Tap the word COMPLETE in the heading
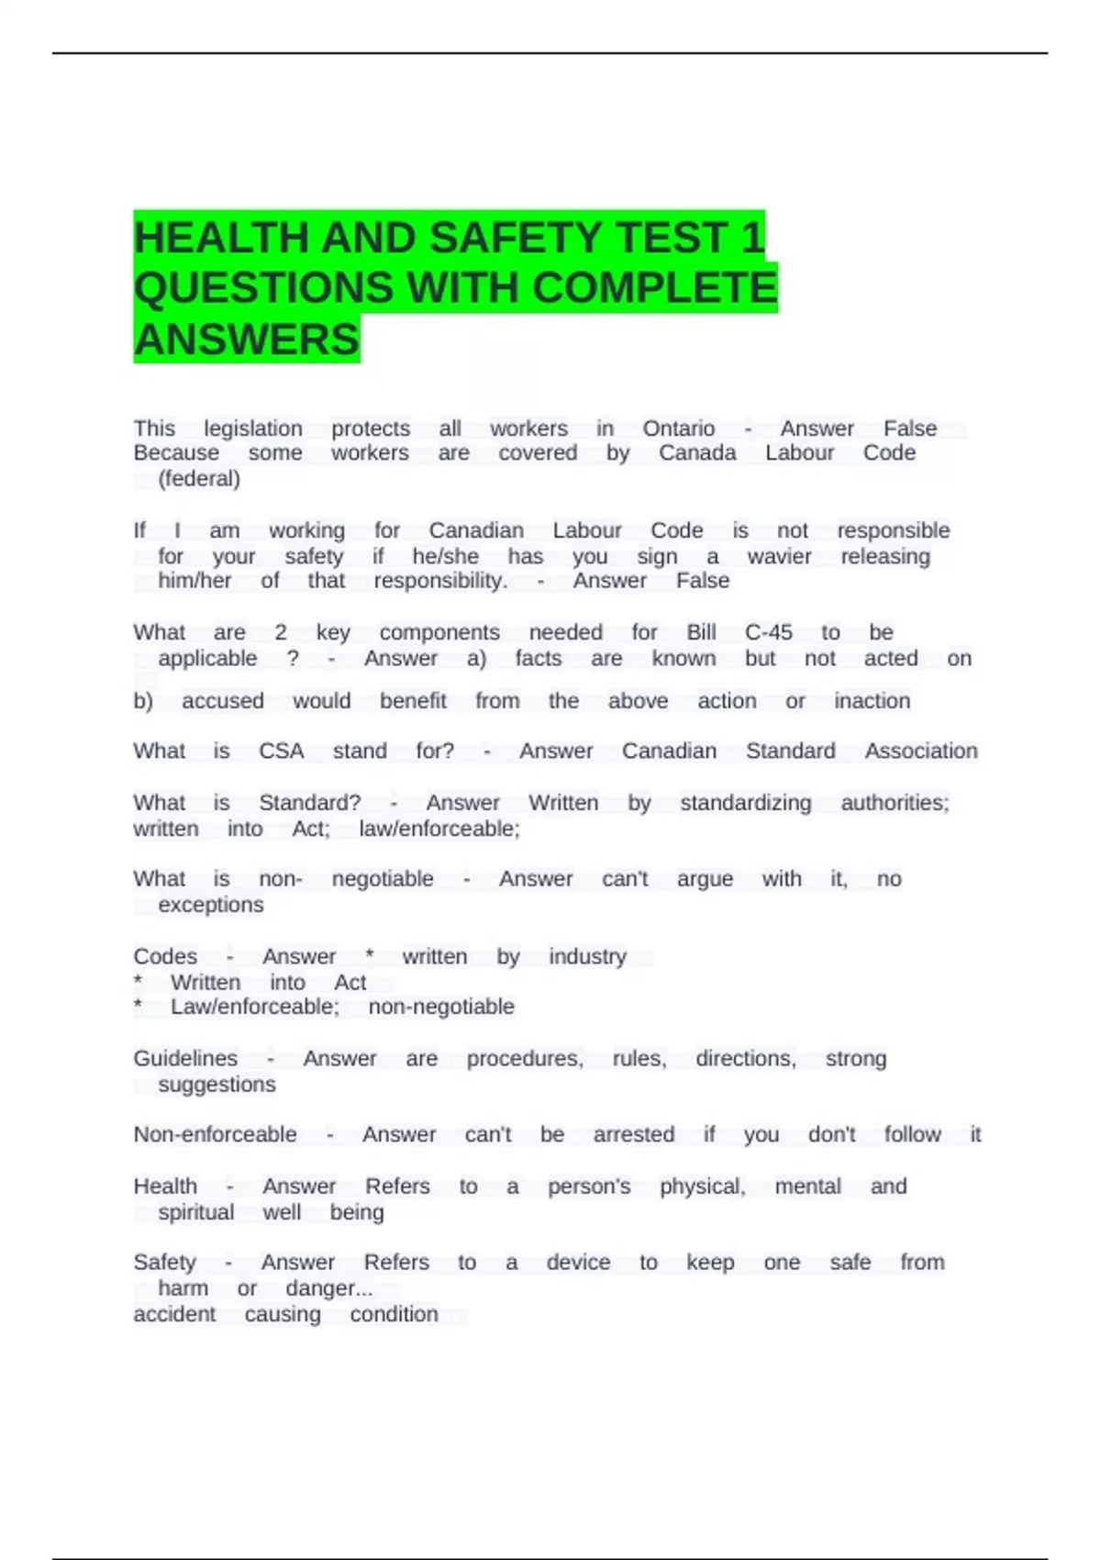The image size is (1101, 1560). [x=654, y=288]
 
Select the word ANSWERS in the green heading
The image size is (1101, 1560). [x=246, y=340]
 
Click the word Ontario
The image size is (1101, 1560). [x=678, y=429]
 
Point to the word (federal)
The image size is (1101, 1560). [x=199, y=478]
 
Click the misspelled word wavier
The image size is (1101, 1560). [x=779, y=556]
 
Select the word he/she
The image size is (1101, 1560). [x=445, y=556]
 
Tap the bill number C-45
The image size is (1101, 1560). [x=768, y=632]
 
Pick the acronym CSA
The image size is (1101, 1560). [x=281, y=751]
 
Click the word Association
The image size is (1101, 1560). [x=920, y=751]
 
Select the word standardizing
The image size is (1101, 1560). [x=745, y=803]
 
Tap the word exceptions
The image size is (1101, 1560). [x=210, y=905]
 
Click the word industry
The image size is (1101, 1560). [x=587, y=956]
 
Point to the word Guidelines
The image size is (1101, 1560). [x=185, y=1058]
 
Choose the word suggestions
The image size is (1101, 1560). [x=217, y=1085]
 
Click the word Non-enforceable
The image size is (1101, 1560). [x=215, y=1134]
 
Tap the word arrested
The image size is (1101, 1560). [x=633, y=1134]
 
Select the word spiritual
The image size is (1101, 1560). [x=195, y=1212]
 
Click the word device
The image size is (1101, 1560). [x=578, y=1263]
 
